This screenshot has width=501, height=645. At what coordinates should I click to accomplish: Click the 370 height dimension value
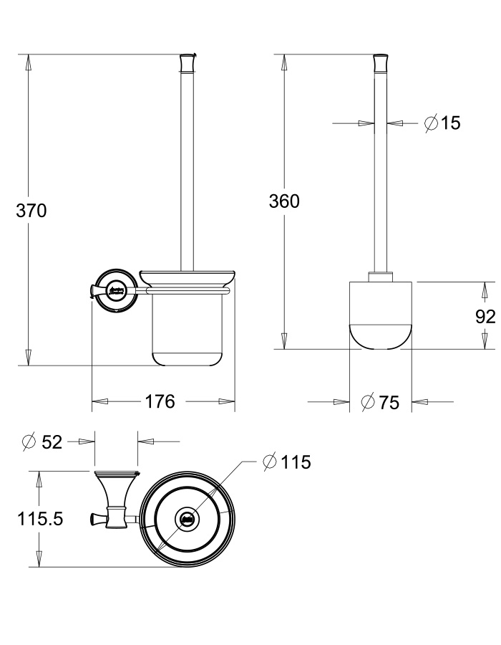[x=31, y=211]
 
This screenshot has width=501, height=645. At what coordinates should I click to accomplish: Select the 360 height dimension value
[x=284, y=201]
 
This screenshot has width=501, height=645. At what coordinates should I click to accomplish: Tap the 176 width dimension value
[x=160, y=401]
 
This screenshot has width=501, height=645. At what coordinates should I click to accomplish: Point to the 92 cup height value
[x=485, y=317]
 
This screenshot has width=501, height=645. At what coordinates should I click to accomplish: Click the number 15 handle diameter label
[x=450, y=123]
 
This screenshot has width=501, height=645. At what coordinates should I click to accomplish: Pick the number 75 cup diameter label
[x=389, y=402]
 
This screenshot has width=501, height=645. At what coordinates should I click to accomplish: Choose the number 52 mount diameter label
[x=52, y=442]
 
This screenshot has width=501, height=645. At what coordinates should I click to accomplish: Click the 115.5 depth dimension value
[x=40, y=519]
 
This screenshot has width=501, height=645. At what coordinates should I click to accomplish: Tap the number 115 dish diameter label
[x=296, y=462]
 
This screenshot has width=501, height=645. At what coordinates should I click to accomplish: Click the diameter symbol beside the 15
[x=431, y=123]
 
